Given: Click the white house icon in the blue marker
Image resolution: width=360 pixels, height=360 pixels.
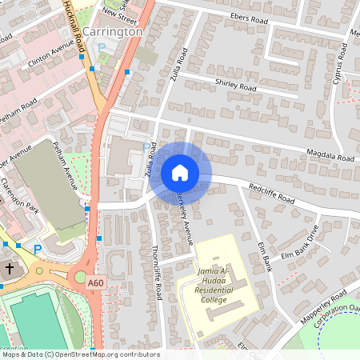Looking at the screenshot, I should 180,172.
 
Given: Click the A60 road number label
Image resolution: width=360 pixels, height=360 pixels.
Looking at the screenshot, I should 96,283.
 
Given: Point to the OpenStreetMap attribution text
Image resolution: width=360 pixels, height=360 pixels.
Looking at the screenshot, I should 80,354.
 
